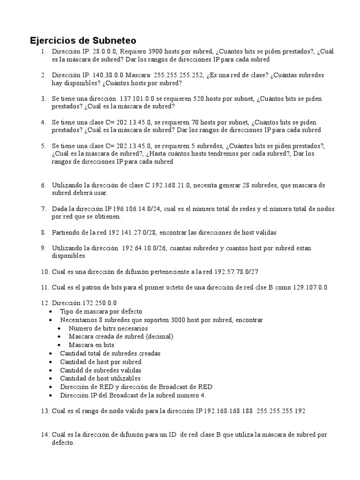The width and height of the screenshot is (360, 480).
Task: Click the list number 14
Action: pyautogui.click(x=45, y=435)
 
